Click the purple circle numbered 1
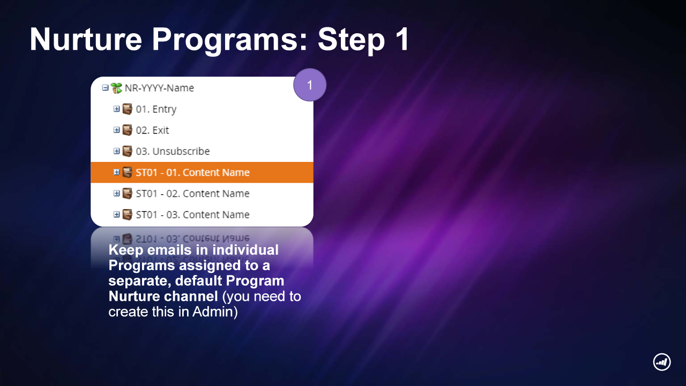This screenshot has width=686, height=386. click(x=310, y=85)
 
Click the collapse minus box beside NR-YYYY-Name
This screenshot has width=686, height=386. click(x=105, y=88)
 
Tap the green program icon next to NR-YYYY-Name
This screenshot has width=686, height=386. click(x=116, y=88)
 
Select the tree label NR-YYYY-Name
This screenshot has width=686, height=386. click(x=159, y=88)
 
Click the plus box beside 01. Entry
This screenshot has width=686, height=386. click(x=116, y=109)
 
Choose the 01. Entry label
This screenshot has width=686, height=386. click(x=156, y=109)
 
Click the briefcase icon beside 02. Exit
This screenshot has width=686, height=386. click(x=128, y=130)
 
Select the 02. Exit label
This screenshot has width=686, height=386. click(x=152, y=130)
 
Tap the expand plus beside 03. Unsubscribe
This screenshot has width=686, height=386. click(x=116, y=151)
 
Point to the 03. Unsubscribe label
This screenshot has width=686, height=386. click(x=173, y=151)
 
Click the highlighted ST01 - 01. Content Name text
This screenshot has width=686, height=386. click(x=192, y=173)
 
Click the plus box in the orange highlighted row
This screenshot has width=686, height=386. click(x=116, y=172)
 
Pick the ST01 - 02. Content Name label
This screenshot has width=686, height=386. click(x=192, y=194)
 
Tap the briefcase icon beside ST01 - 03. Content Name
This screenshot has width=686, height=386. click(x=128, y=214)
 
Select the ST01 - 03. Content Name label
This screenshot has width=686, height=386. click(x=192, y=215)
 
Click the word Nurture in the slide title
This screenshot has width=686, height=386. click(x=86, y=40)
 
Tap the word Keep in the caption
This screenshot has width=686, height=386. click(x=126, y=250)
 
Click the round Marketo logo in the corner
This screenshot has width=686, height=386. click(x=662, y=362)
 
